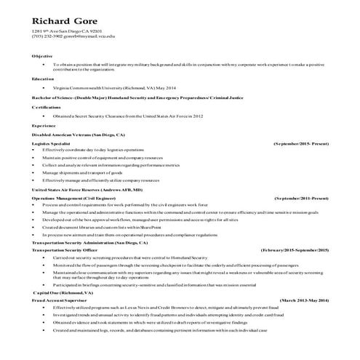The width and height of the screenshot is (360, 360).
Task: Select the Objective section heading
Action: [41, 57]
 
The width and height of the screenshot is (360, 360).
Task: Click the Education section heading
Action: [43, 79]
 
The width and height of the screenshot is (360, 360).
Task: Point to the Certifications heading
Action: [46, 107]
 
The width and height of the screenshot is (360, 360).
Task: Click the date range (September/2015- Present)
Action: [301, 144]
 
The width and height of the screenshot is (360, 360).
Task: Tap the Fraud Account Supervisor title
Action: [61, 300]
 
